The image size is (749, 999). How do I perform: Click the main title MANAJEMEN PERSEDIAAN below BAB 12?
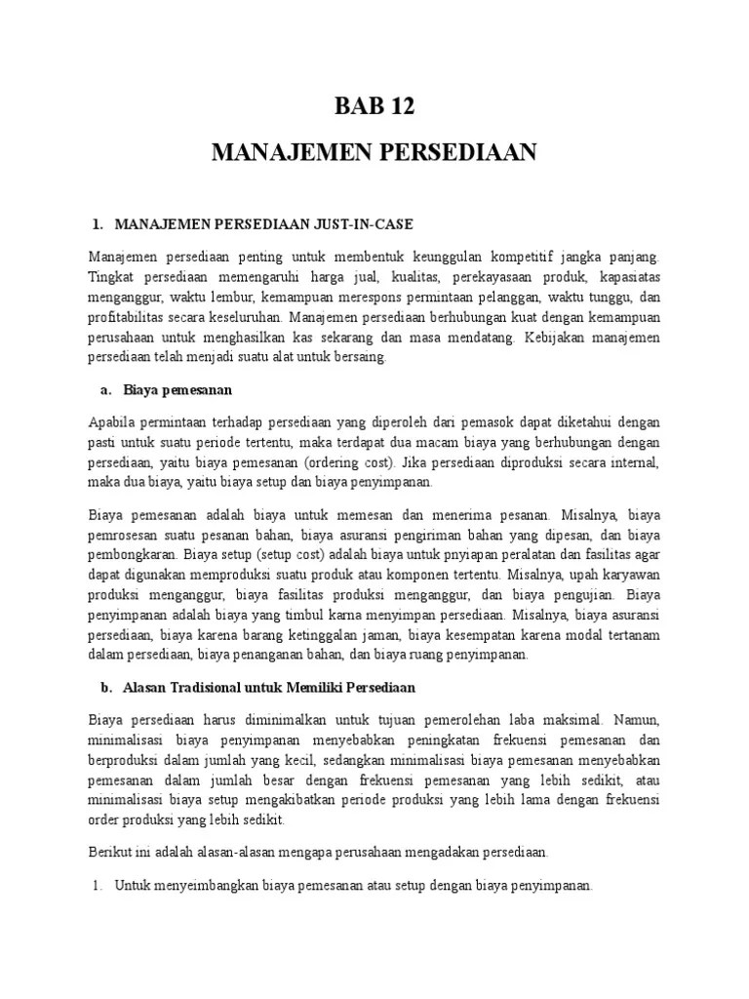tap(374, 154)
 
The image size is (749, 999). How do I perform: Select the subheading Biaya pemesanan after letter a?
tap(177, 391)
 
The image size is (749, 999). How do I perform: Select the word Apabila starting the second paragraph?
tap(110, 421)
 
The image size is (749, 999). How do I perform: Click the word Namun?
tap(639, 719)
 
